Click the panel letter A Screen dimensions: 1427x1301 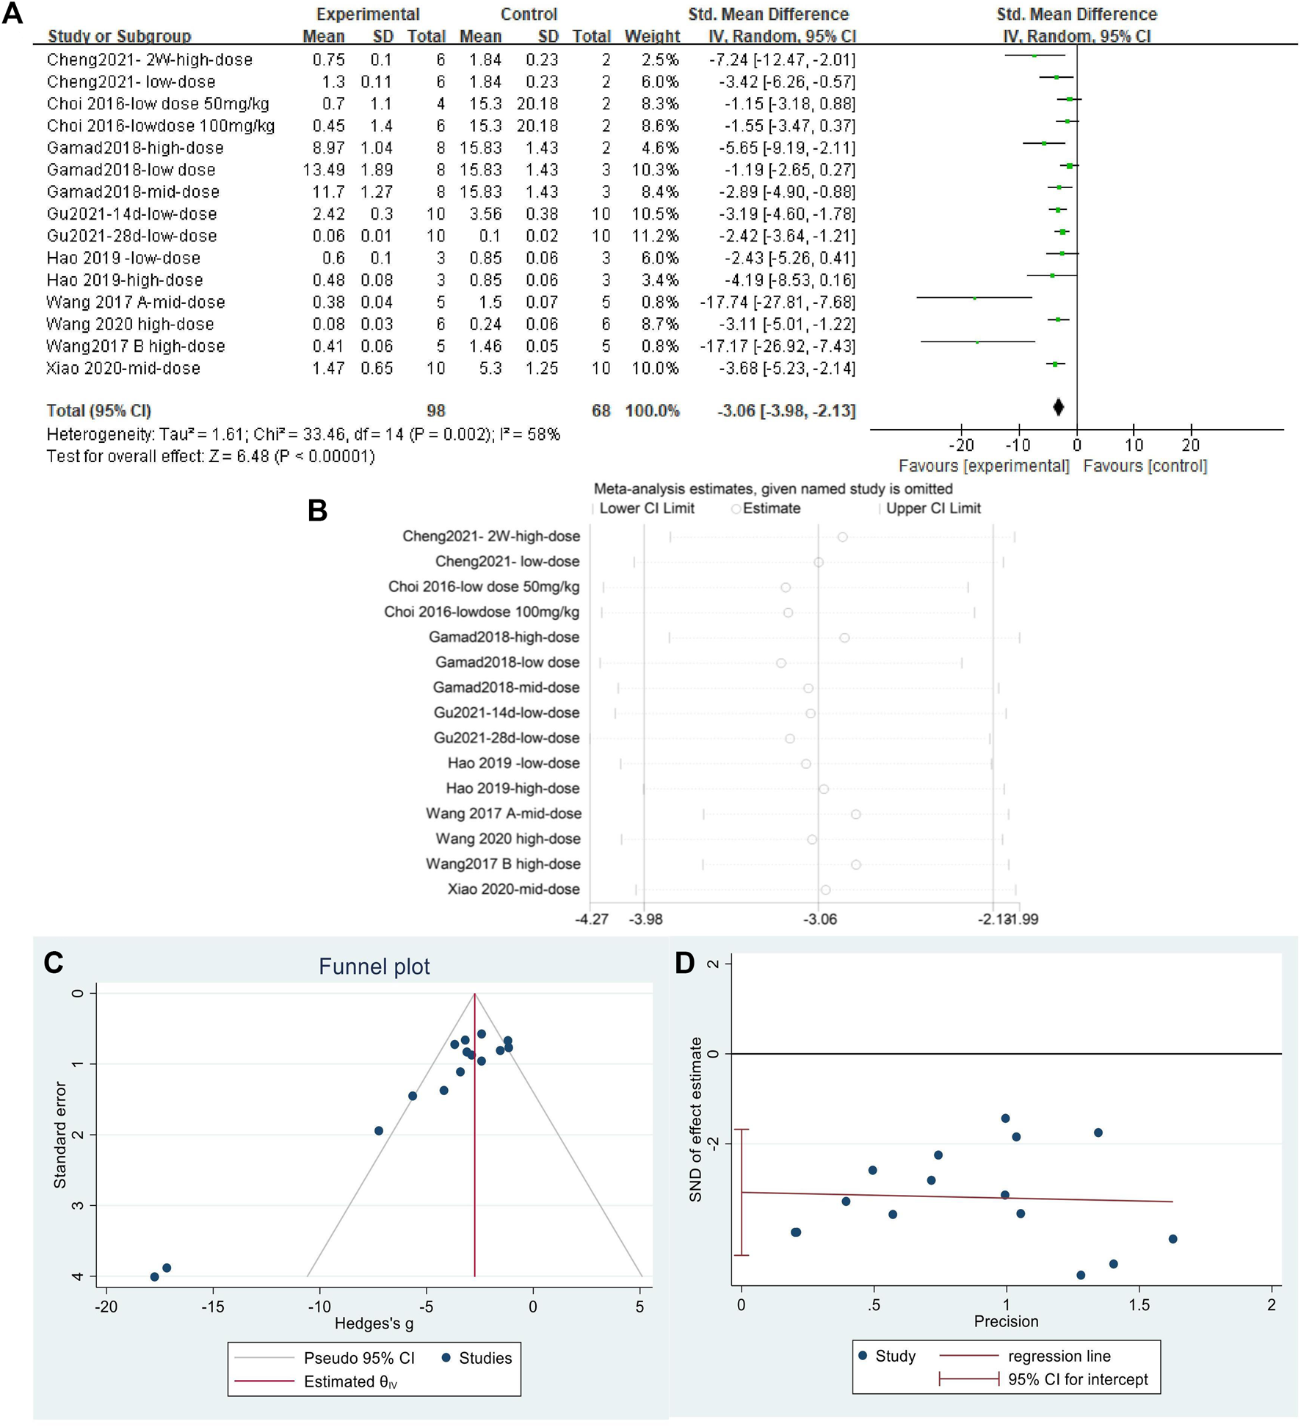pyautogui.click(x=12, y=14)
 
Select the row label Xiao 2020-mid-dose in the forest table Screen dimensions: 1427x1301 pyautogui.click(x=123, y=368)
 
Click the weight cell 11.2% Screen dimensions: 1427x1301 pyautogui.click(x=655, y=236)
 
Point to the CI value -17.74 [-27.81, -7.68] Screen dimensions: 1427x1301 pyautogui.click(x=777, y=302)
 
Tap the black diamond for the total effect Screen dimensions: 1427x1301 pyautogui.click(x=1058, y=408)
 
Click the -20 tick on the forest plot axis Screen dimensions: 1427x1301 pyautogui.click(x=961, y=445)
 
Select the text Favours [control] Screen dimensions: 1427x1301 pyautogui.click(x=1145, y=466)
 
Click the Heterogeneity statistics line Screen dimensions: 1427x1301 pyautogui.click(x=303, y=434)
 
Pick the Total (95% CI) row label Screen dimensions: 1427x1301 pyautogui.click(x=99, y=411)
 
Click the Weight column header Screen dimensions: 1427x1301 pyautogui.click(x=652, y=36)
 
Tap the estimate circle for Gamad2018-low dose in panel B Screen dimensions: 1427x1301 pyautogui.click(x=781, y=663)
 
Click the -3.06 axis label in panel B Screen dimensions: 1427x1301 pyautogui.click(x=820, y=920)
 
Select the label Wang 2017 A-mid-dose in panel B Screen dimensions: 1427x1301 pyautogui.click(x=504, y=813)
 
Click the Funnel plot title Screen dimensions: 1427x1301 pyautogui.click(x=374, y=967)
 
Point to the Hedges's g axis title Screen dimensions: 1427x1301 pyautogui.click(x=374, y=1323)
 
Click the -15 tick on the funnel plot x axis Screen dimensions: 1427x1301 pyautogui.click(x=213, y=1306)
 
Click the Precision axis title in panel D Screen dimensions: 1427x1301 pyautogui.click(x=1006, y=1321)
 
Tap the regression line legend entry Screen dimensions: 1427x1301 pyautogui.click(x=1059, y=1356)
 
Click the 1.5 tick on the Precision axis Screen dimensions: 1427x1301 pyautogui.click(x=1139, y=1304)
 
